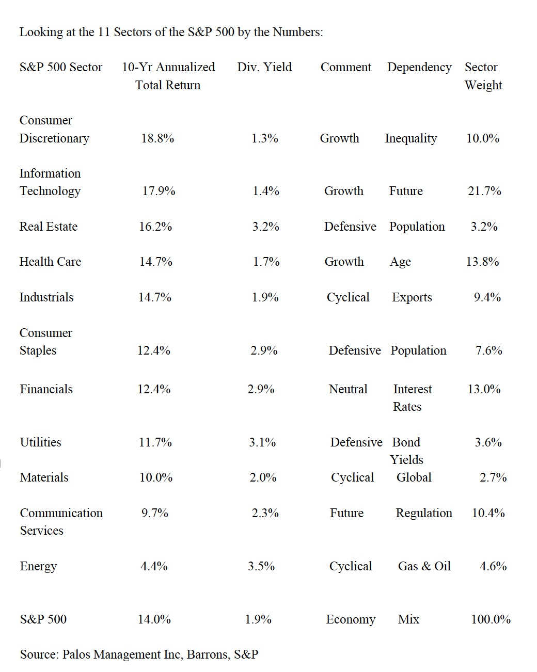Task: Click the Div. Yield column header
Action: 264,67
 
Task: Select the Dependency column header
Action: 419,67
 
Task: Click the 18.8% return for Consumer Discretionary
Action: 157,138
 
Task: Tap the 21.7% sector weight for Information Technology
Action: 484,191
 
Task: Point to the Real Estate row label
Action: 49,227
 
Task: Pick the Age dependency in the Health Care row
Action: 400,262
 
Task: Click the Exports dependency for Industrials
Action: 412,297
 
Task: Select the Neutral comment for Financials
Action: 348,389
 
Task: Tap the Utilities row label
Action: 40,442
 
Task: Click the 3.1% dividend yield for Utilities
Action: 262,442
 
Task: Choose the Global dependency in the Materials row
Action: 414,477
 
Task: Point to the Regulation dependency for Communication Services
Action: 423,513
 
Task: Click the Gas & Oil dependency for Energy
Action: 424,566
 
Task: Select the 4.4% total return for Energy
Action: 154,566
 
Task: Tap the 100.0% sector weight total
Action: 491,619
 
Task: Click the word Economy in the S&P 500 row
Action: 351,619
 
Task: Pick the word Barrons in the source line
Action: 208,654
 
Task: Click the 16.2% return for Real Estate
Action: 155,227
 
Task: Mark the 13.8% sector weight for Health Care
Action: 482,262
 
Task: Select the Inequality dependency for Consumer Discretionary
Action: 410,138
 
